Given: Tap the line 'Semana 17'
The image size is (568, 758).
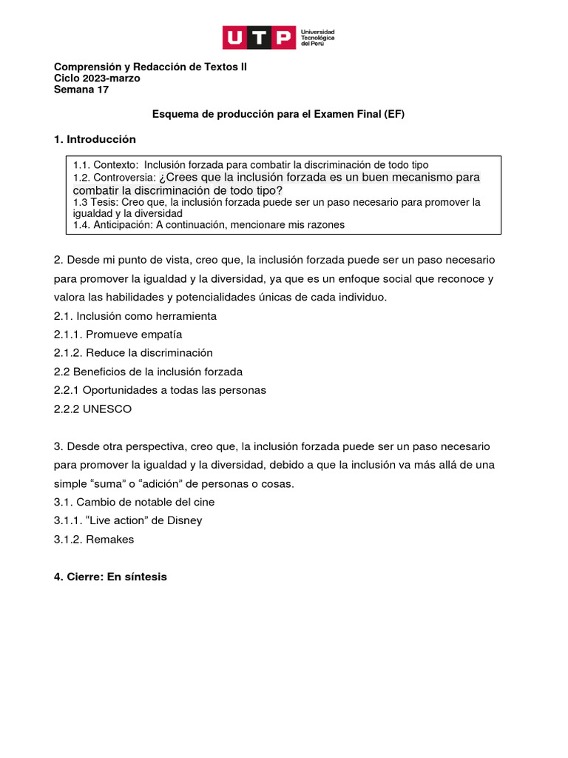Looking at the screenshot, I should click(81, 90).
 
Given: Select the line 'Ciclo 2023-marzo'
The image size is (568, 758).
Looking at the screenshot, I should click(97, 78).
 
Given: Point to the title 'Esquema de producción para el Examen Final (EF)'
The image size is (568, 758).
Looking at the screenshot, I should click(278, 114).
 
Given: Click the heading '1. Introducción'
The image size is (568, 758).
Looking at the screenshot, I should click(95, 139).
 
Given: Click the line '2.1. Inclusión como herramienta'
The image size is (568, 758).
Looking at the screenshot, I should click(135, 316).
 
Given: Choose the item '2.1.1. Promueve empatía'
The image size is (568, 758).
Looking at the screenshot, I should click(118, 335).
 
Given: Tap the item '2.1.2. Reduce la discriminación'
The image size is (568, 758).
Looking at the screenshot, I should click(133, 353).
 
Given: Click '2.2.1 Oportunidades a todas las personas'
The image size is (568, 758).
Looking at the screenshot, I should click(160, 390).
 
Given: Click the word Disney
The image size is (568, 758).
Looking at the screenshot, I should click(185, 520).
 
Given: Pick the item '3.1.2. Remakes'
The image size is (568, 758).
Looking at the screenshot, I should click(94, 539).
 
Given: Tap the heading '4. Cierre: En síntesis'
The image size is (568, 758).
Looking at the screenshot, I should click(110, 576).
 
